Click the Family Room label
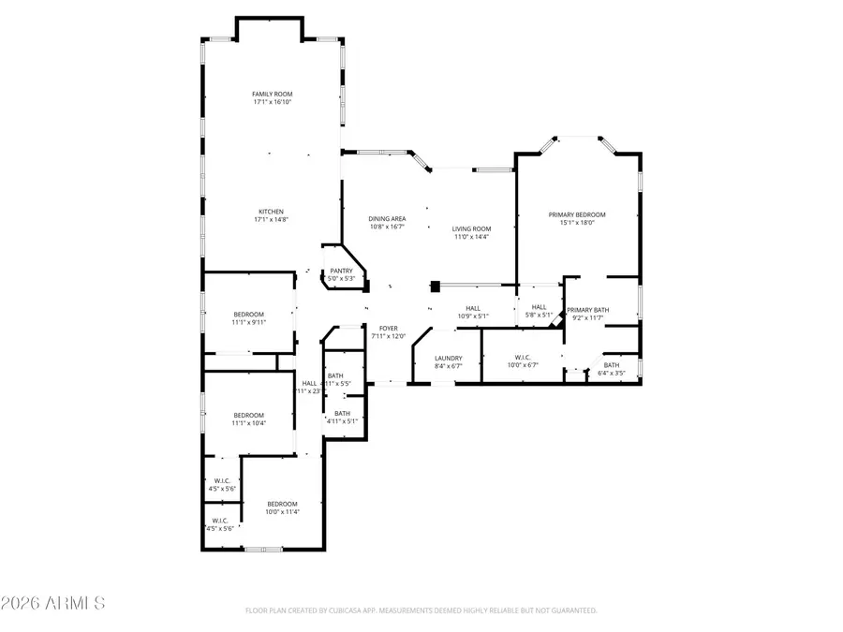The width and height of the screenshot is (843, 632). tap(272, 94)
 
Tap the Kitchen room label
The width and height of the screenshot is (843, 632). tap(271, 212)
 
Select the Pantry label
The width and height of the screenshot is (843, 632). tap(340, 271)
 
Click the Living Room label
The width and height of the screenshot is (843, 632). tap(471, 228)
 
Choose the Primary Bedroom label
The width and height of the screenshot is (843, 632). tap(576, 214)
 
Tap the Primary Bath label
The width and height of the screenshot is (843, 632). tap(587, 310)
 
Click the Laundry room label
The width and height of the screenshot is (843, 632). tap(449, 359)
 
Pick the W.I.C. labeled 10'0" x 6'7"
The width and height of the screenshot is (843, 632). tap(523, 357)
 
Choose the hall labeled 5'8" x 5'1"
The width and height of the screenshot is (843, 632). tap(539, 311)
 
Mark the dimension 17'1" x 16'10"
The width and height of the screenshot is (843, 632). tap(272, 102)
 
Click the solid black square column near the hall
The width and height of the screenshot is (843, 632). tap(435, 287)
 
